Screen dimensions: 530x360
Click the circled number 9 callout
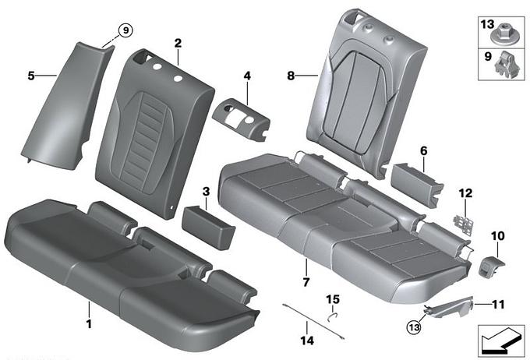pyautogui.click(x=125, y=30)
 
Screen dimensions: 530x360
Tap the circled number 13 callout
pyautogui.click(x=414, y=326)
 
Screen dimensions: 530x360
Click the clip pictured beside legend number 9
pyautogui.click(x=507, y=64)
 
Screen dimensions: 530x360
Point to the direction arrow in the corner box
pyautogui.click(x=501, y=341)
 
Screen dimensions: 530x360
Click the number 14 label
pyautogui.click(x=307, y=341)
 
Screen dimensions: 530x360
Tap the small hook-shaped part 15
pyautogui.click(x=334, y=316)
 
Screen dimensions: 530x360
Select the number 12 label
pyautogui.click(x=465, y=193)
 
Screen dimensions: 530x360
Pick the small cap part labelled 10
pyautogui.click(x=490, y=266)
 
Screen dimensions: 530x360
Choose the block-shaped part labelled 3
pyautogui.click(x=208, y=227)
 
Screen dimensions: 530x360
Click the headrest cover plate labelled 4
pyautogui.click(x=240, y=118)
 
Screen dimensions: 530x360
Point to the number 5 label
pyautogui.click(x=31, y=76)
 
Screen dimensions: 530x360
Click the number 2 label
pyautogui.click(x=178, y=44)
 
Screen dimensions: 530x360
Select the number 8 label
pyautogui.click(x=291, y=76)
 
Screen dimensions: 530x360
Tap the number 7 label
pyautogui.click(x=306, y=282)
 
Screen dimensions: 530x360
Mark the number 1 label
pyautogui.click(x=89, y=324)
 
